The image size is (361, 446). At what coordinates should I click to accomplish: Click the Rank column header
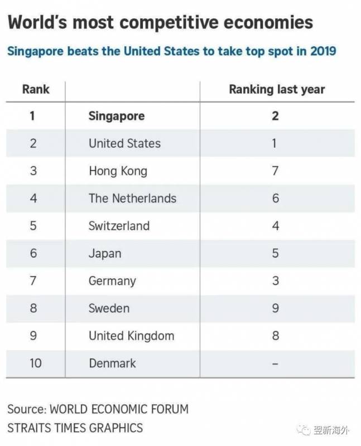36,89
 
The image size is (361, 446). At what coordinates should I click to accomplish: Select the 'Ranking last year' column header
277,89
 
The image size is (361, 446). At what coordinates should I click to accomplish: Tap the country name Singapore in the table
117,116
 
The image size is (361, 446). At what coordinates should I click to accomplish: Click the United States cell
124,143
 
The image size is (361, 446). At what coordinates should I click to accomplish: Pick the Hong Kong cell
118,171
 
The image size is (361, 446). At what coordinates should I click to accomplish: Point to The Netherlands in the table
132,198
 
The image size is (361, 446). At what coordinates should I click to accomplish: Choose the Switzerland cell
119,226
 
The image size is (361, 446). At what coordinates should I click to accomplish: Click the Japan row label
105,254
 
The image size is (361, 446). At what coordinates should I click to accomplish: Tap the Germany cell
112,281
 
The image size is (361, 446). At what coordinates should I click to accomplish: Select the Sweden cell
109,308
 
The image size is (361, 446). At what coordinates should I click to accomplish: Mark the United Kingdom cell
131,336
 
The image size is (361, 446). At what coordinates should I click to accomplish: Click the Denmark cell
112,363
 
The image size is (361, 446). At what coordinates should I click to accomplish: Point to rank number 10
35,363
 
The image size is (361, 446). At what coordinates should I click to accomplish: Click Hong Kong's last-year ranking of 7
275,171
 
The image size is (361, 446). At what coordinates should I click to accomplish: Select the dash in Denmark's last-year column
275,363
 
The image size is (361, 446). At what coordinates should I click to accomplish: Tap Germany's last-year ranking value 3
275,281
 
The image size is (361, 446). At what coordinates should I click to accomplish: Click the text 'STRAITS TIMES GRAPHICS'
75,428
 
